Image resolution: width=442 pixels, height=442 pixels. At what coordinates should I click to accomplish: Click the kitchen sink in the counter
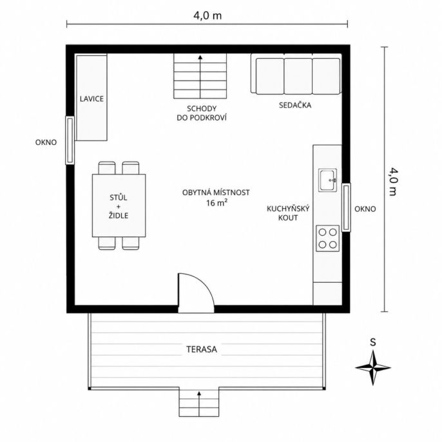327,180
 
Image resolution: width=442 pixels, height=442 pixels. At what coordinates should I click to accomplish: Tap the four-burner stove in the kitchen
327,238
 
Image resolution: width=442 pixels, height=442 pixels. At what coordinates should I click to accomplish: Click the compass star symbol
373,367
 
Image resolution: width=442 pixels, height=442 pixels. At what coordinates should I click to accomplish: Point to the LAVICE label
91,99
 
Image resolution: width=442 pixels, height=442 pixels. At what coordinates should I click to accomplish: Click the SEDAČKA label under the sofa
295,105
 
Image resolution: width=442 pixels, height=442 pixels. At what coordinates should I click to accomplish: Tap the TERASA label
202,349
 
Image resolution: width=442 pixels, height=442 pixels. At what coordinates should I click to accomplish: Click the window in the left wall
70,140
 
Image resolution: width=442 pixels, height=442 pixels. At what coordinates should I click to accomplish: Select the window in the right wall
346,207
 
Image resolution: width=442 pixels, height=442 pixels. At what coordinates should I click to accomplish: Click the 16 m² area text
216,203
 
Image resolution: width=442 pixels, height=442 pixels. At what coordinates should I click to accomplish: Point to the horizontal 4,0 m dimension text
207,15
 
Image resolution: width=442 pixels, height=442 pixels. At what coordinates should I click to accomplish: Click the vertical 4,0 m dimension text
392,182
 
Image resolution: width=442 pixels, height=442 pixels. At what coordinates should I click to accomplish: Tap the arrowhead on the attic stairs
200,57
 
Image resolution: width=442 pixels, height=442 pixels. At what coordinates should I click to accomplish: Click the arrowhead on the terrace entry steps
199,393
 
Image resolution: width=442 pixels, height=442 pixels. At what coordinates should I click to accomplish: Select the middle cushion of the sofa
298,76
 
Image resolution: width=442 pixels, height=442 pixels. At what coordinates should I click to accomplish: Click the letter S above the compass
373,342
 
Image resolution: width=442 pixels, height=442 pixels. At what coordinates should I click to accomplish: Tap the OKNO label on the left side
46,142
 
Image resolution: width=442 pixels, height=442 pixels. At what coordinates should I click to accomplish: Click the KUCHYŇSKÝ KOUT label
288,213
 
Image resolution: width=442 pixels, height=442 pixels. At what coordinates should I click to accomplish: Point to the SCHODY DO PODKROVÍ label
202,113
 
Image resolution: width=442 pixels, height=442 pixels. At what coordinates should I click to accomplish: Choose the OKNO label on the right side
365,209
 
